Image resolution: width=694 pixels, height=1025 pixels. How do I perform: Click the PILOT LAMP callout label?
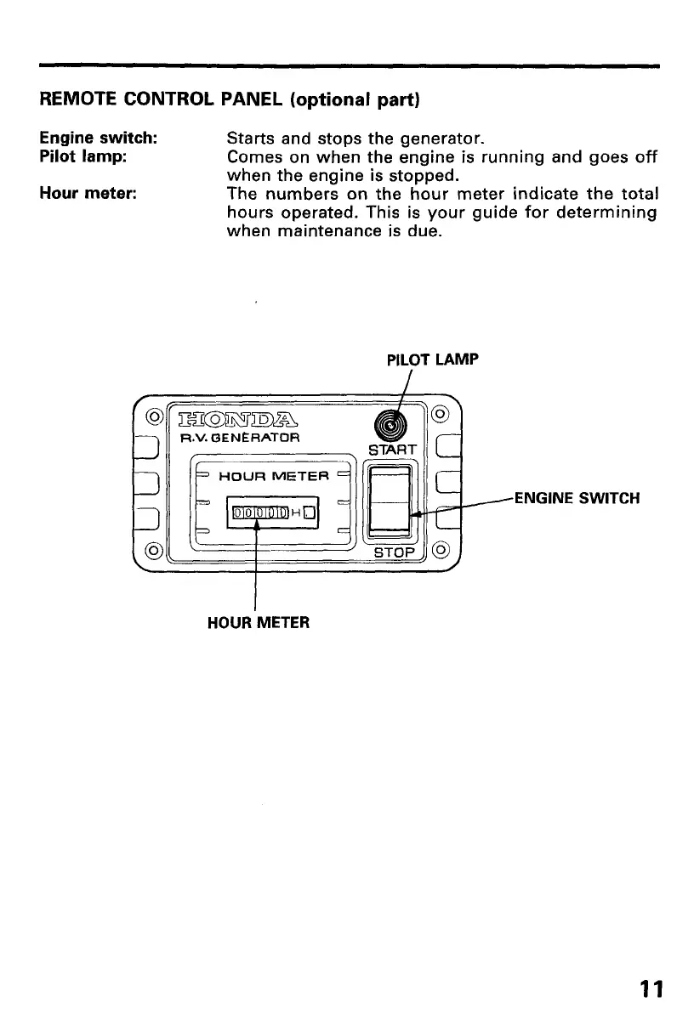[x=432, y=360]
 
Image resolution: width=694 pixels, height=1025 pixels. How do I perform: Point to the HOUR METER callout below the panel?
[x=259, y=622]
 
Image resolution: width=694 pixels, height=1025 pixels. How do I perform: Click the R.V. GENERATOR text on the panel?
[x=229, y=439]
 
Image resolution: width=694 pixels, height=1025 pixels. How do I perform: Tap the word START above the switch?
[x=391, y=449]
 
